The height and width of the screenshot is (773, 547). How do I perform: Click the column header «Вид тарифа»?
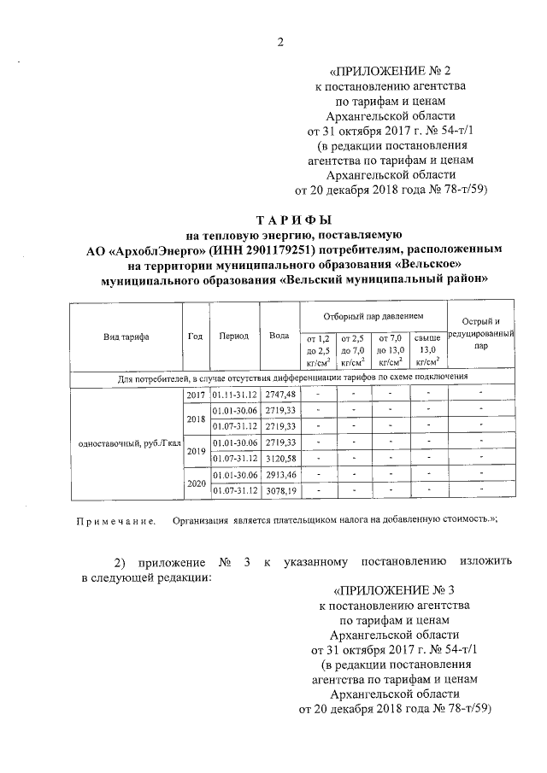click(x=126, y=337)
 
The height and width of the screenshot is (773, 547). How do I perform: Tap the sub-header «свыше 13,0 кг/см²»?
click(x=428, y=349)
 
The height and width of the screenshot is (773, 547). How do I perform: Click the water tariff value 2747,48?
click(x=279, y=394)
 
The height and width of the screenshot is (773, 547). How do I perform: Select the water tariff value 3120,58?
click(x=279, y=459)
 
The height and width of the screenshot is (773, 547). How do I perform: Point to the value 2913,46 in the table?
click(x=279, y=474)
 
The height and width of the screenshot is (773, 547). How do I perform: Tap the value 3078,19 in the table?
click(x=279, y=491)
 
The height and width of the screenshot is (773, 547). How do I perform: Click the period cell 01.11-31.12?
click(x=233, y=394)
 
